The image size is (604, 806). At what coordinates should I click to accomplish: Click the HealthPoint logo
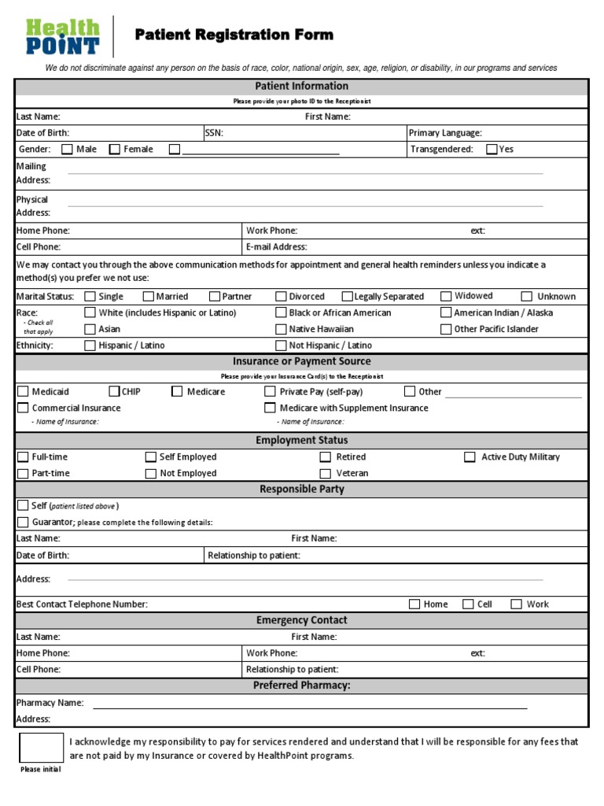pos(63,37)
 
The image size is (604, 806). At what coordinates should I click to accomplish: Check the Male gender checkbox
pos(67,149)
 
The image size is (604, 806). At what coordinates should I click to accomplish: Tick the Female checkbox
pos(115,149)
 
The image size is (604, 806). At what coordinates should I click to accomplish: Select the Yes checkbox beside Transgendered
pos(492,149)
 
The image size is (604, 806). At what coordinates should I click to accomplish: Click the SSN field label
pos(214,133)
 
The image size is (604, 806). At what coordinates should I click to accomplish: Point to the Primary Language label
pos(445,133)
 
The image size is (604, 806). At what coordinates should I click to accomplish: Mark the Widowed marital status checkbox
pos(446,296)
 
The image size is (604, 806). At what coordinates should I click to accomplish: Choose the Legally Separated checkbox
pos(347,297)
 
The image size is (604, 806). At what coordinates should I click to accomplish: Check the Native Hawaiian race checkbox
pos(281,329)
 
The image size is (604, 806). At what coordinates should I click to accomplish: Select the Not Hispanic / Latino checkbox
pos(281,346)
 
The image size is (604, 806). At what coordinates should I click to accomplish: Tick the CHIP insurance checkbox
pos(114,391)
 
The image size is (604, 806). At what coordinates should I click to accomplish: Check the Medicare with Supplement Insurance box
pos(270,408)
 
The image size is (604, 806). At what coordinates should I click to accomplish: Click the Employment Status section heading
pos(301,440)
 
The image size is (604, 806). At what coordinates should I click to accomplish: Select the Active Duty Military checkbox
pos(470,457)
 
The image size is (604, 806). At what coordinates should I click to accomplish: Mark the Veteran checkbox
pos(325,473)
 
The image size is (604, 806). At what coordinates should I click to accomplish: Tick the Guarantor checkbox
pos(23,522)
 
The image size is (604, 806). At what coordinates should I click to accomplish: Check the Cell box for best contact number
pos(468,604)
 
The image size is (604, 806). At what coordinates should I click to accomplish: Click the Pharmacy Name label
pos(50,703)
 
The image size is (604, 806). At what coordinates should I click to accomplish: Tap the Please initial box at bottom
pos(41,747)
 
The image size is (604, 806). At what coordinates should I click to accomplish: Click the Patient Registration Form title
pos(234,35)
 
